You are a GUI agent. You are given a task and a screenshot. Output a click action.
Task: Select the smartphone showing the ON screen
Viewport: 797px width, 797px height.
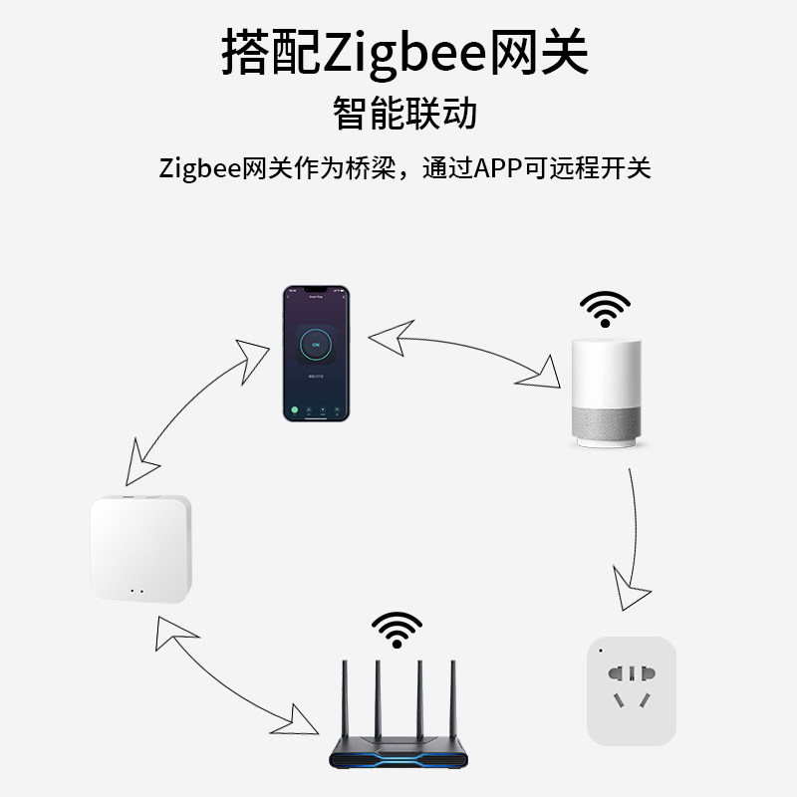(x=315, y=353)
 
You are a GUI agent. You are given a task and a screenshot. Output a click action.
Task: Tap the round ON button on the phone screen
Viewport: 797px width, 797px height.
(x=316, y=345)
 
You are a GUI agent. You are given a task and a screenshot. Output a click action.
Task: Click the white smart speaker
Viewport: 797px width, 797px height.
(x=607, y=394)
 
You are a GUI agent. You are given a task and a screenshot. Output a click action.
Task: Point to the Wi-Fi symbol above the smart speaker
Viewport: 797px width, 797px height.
(x=606, y=309)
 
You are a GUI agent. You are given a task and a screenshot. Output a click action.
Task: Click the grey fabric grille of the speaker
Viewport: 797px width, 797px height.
(x=607, y=419)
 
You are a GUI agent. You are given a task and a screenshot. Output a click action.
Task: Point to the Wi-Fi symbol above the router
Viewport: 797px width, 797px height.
(x=397, y=629)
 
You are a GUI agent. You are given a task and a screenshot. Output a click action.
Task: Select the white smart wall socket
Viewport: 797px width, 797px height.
(x=632, y=690)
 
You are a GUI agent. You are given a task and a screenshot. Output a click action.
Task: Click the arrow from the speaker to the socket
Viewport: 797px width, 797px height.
(x=632, y=538)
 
